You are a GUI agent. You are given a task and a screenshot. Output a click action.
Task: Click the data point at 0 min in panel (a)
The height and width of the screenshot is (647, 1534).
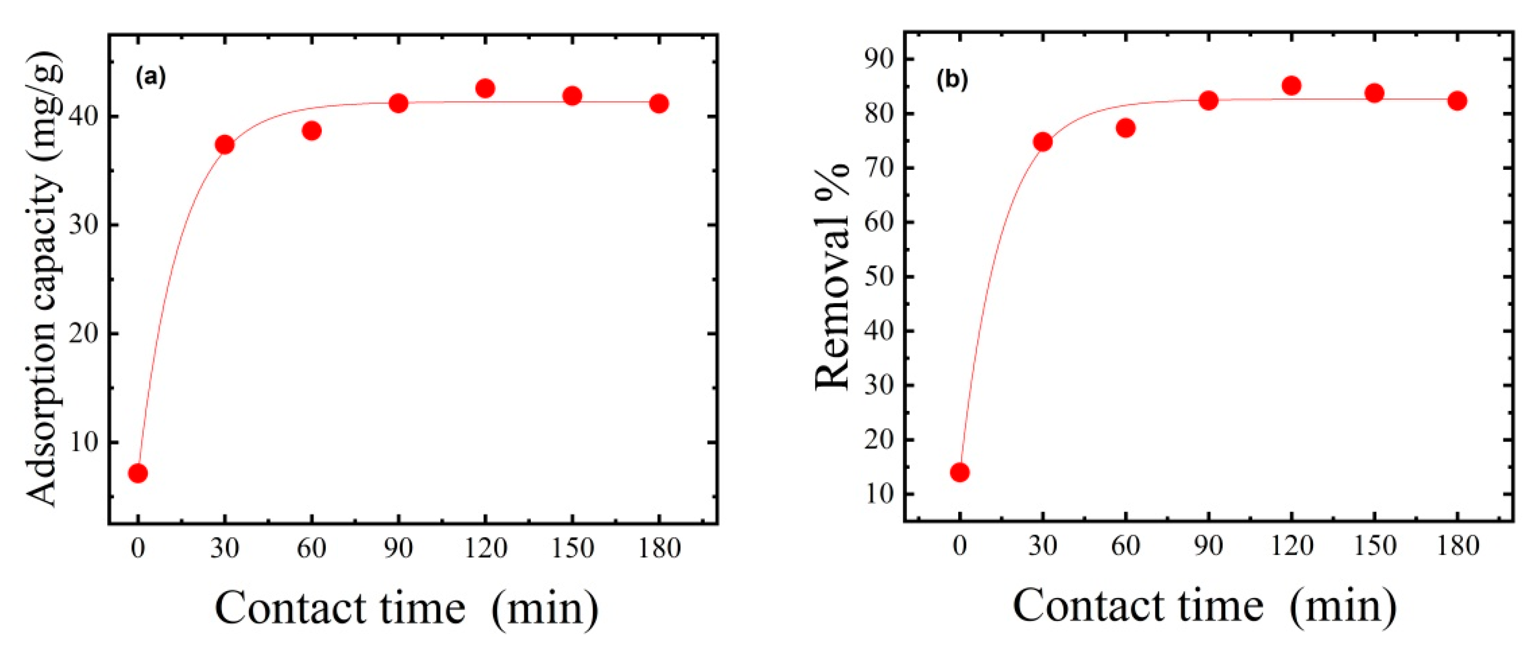coord(137,473)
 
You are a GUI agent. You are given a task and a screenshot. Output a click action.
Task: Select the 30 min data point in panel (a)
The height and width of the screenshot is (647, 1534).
coord(224,145)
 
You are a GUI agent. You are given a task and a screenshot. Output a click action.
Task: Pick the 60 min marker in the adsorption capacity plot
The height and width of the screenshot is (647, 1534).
coord(311,131)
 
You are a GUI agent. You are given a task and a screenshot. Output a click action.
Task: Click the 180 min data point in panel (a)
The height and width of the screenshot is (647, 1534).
coord(659,104)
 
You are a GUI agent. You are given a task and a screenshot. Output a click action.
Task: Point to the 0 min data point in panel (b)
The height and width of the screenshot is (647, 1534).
coord(959,473)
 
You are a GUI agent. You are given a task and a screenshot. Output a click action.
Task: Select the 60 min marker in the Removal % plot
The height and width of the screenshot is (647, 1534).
coord(1125,128)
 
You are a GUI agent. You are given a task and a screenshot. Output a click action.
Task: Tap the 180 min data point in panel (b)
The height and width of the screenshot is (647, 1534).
coord(1457,101)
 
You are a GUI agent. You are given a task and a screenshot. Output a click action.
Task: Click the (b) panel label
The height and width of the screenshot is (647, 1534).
coord(953,80)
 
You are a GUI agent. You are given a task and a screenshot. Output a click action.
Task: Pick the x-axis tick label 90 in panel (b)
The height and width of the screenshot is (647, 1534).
coord(1208,546)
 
